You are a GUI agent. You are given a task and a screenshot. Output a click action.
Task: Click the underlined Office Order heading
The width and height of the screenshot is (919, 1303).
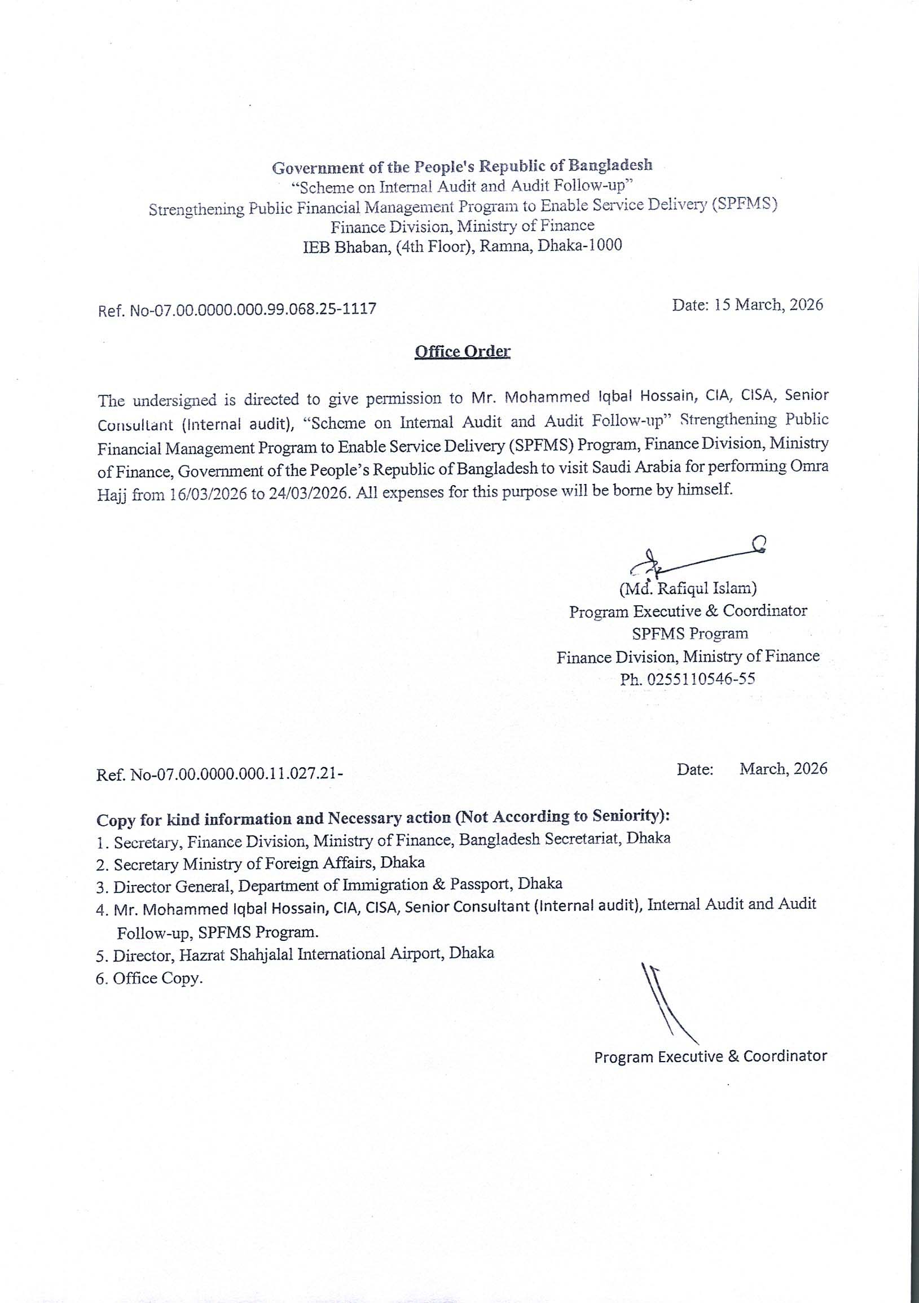click(463, 351)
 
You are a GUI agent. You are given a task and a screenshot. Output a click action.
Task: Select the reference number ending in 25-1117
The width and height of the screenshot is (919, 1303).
click(238, 309)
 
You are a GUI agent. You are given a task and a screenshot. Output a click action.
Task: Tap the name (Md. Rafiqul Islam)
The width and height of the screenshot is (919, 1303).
click(688, 588)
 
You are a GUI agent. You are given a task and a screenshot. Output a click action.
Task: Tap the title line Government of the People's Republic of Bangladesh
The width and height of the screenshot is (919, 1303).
click(462, 166)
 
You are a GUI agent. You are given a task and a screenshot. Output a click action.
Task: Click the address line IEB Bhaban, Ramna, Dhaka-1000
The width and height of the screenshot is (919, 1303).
click(462, 246)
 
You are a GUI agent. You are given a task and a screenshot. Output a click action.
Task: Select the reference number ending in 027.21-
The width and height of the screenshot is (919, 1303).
click(219, 774)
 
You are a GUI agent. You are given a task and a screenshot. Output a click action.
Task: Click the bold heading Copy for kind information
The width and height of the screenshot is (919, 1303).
click(384, 818)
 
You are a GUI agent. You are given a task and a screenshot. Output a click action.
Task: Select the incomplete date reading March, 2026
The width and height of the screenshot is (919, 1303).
click(752, 769)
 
